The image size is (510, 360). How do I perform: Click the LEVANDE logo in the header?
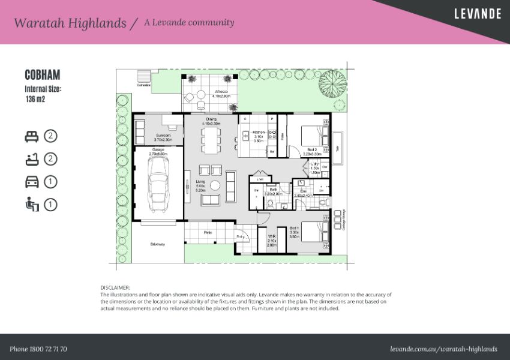[x=477, y=14]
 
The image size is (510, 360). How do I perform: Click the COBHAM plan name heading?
[x=42, y=75]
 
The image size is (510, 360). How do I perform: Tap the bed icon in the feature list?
[x=31, y=136]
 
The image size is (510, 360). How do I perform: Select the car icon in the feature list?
[x=31, y=182]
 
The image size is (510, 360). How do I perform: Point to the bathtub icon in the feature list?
[x=31, y=159]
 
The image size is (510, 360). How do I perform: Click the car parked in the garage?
[x=158, y=188]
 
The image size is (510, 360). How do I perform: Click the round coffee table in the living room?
[x=214, y=185]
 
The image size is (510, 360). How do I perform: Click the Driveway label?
[x=158, y=244]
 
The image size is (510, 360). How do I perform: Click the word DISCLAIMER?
[x=115, y=288]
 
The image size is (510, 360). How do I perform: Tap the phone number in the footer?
[x=38, y=349]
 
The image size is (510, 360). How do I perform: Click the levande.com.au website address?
[x=443, y=349]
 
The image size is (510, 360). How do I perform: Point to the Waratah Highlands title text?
[x=70, y=23]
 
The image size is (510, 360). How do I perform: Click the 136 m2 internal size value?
[x=36, y=100]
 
